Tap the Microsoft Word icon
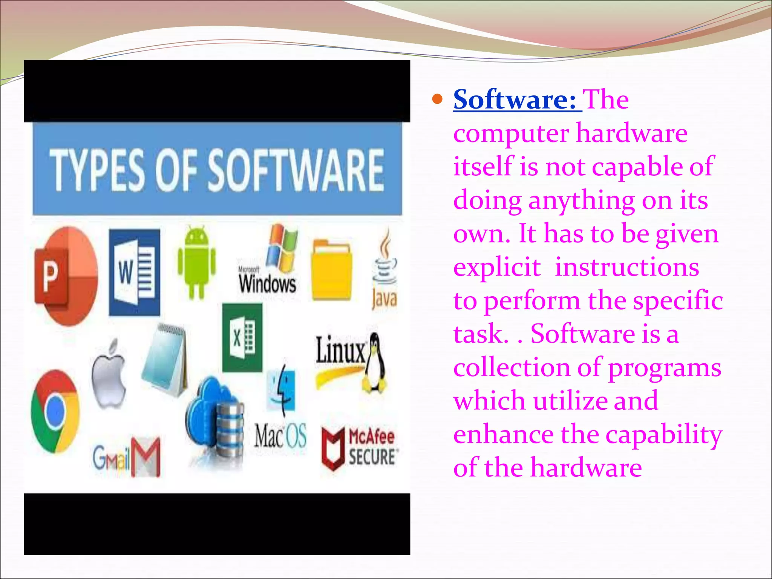[134, 272]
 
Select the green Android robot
[196, 261]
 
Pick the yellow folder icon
[331, 270]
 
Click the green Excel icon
[242, 337]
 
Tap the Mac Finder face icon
[281, 390]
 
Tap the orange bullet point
[437, 100]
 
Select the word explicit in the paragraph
[497, 267]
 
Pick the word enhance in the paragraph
[503, 435]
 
